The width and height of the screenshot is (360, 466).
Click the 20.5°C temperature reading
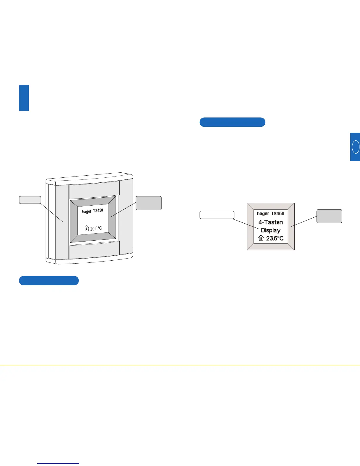pyautogui.click(x=96, y=229)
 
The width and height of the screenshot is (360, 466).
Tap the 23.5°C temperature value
pyautogui.click(x=275, y=238)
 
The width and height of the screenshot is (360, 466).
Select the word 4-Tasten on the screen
pyautogui.click(x=271, y=222)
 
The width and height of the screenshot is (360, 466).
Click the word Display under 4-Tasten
pyautogui.click(x=271, y=230)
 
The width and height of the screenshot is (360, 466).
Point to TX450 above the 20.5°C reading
pyautogui.click(x=98, y=211)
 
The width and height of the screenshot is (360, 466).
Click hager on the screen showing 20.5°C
pyautogui.click(x=87, y=212)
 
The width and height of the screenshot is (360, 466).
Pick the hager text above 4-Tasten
pyautogui.click(x=263, y=214)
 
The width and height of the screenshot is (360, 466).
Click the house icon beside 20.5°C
pyautogui.click(x=86, y=228)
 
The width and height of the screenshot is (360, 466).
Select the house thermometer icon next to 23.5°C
pyautogui.click(x=261, y=238)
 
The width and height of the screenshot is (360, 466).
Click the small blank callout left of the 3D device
pyautogui.click(x=30, y=200)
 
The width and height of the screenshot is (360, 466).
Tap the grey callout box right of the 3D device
pyautogui.click(x=149, y=203)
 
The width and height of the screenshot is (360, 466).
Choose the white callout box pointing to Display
pyautogui.click(x=217, y=215)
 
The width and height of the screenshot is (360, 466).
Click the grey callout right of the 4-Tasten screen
pyautogui.click(x=329, y=216)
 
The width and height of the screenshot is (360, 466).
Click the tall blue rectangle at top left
pyautogui.click(x=24, y=98)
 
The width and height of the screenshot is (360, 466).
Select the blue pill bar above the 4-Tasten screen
pyautogui.click(x=232, y=122)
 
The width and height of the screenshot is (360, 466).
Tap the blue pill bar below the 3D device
pyautogui.click(x=49, y=281)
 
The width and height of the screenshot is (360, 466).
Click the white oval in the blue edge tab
pyautogui.click(x=356, y=147)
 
